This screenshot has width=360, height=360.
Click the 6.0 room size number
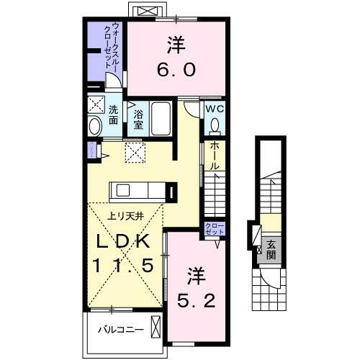pos(177,71)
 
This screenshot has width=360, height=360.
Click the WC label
pos(215,108)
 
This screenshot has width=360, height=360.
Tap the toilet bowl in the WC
pos(215,125)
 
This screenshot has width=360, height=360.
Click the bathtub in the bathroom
pos(161,118)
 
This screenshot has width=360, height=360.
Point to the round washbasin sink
pos(96,127)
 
